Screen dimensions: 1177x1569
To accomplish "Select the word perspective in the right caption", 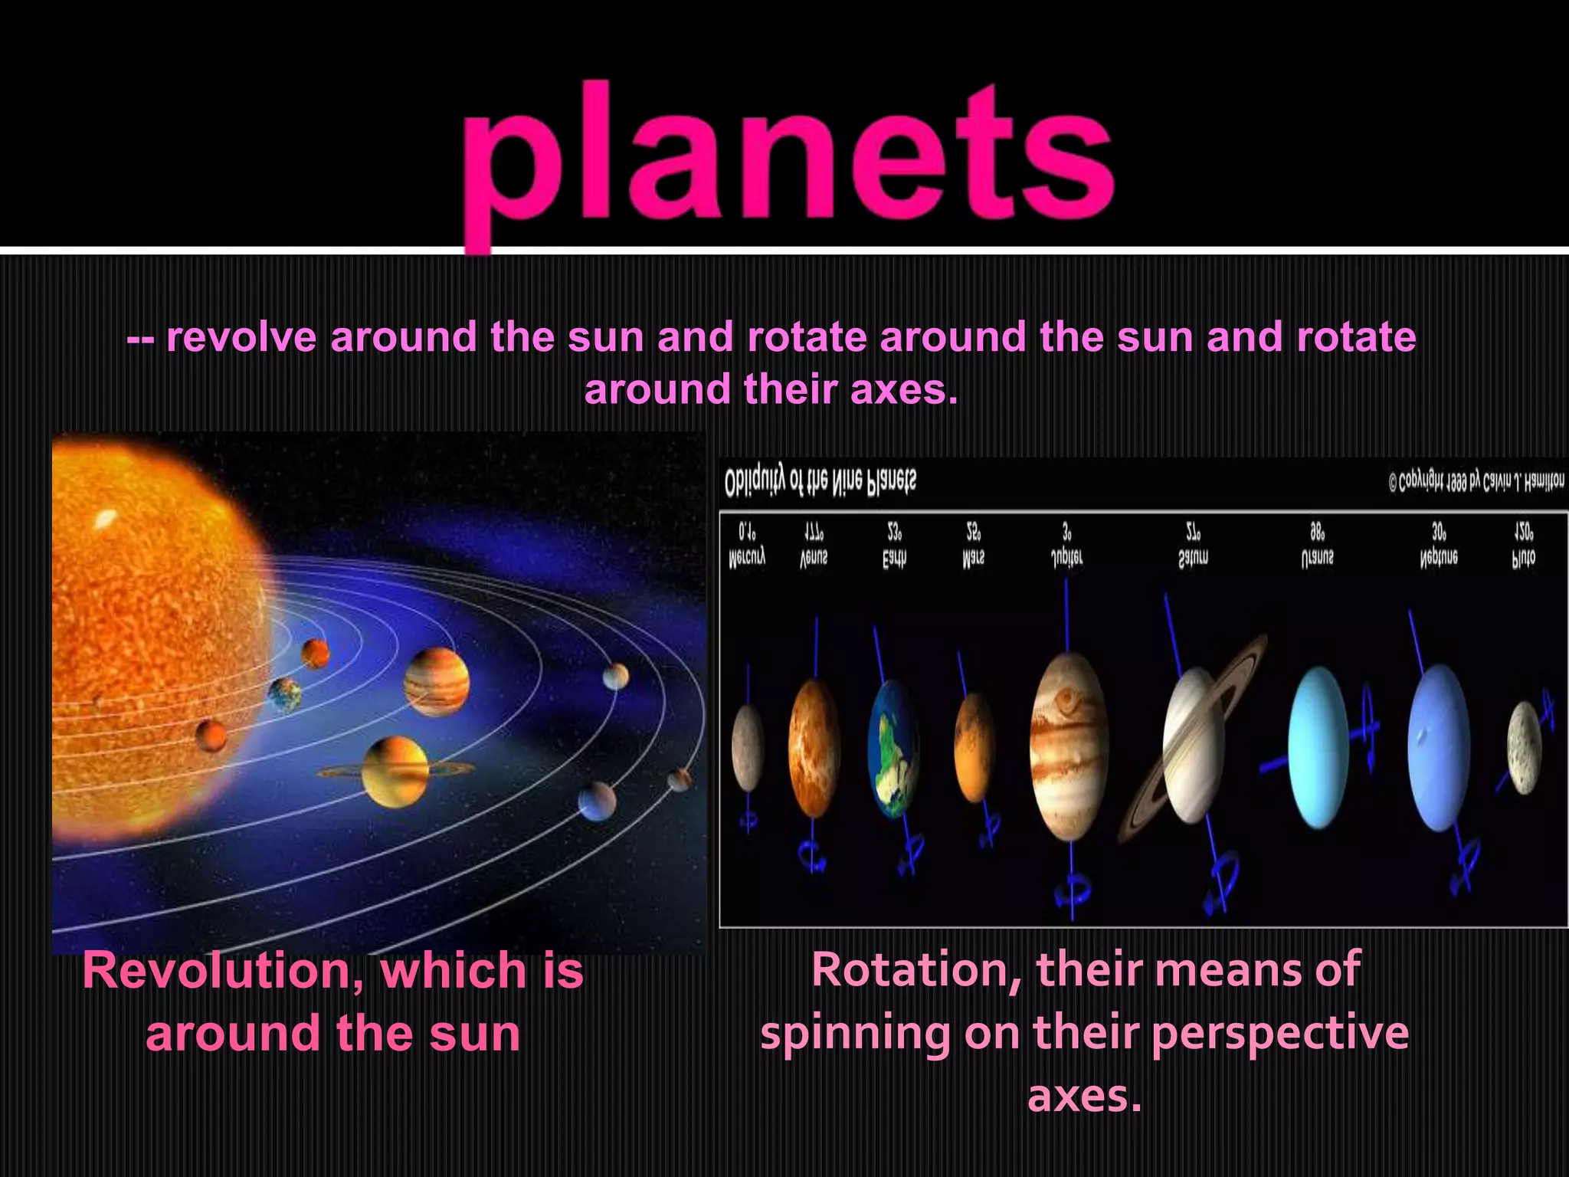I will [x=1279, y=1033].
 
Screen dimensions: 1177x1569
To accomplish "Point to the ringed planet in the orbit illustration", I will [x=395, y=771].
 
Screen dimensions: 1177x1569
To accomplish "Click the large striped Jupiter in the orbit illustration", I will [x=436, y=681].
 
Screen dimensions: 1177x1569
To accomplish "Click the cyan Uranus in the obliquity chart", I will [x=1318, y=747].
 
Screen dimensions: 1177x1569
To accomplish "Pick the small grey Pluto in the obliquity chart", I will [x=1524, y=747].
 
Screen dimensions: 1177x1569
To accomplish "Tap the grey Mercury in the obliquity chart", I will [x=748, y=748].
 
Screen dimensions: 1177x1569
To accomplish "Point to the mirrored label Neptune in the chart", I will [x=1438, y=558].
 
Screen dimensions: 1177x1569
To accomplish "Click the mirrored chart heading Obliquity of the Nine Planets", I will [x=820, y=481].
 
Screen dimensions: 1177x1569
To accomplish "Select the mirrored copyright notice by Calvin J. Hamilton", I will [x=1476, y=482].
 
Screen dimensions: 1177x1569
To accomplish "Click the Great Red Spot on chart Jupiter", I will [x=1066, y=699].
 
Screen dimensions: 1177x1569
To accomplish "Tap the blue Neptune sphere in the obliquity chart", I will [x=1438, y=747].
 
